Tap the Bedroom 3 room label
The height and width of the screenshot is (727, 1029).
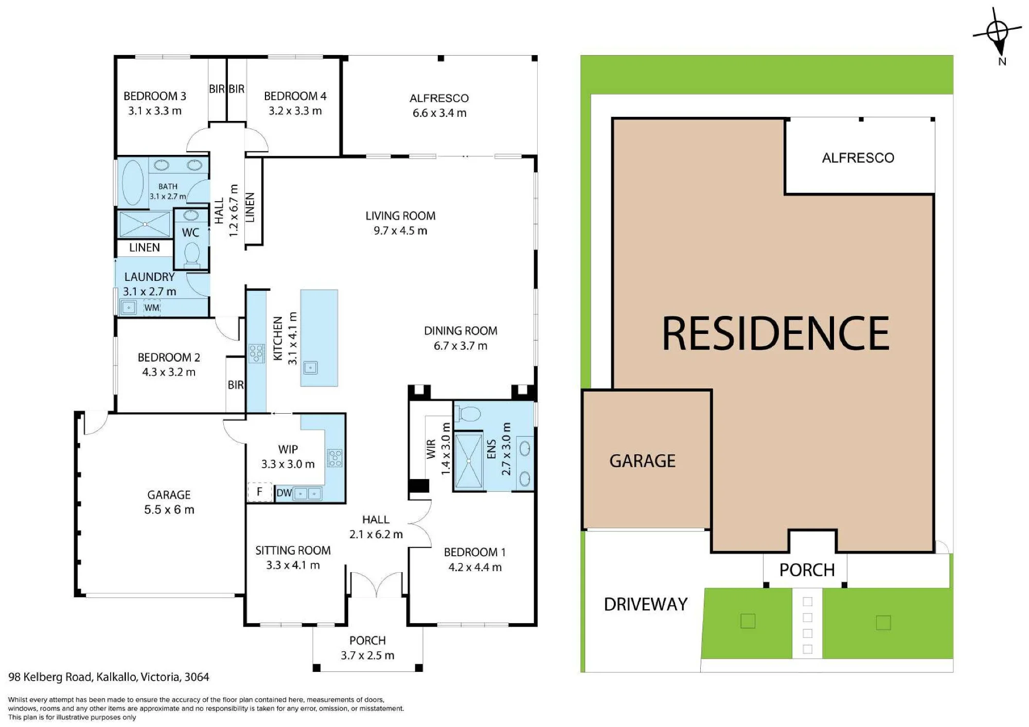(x=155, y=96)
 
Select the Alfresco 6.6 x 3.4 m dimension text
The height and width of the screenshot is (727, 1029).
(x=439, y=113)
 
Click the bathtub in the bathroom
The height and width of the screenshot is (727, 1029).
(x=133, y=183)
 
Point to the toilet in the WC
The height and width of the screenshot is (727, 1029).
(x=192, y=255)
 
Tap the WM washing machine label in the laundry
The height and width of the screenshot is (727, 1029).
(x=152, y=308)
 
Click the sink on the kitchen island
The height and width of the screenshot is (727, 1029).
(x=310, y=367)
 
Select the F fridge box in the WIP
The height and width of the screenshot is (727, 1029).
(x=260, y=492)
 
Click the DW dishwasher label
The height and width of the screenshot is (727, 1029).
(x=284, y=493)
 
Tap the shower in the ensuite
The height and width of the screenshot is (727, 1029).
(x=468, y=462)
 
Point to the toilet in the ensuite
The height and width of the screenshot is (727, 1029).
(x=469, y=414)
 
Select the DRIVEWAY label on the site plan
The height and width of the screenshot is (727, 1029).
(x=646, y=604)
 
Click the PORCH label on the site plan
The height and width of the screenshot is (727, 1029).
(x=807, y=570)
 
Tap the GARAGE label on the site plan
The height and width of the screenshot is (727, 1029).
(x=643, y=460)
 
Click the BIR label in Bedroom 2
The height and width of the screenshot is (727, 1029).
(x=236, y=385)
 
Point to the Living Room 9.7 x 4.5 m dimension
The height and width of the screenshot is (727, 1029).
(x=400, y=230)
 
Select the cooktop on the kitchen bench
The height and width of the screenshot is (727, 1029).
(x=256, y=353)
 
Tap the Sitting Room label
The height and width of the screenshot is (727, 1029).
(x=293, y=551)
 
